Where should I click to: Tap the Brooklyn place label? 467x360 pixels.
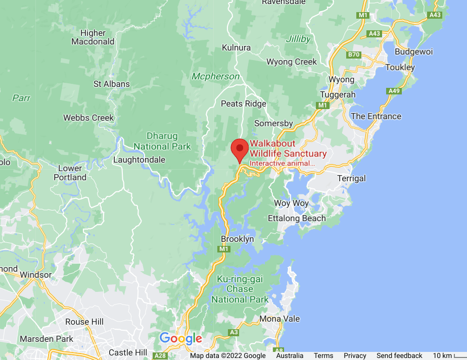[237, 239]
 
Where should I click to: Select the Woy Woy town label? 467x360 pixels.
[291, 203]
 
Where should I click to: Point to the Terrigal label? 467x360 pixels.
[351, 178]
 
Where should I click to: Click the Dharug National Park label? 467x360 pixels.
[162, 141]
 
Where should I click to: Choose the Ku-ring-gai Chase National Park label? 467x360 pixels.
[240, 289]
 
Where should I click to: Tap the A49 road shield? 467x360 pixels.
[394, 91]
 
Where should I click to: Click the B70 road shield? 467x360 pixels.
[354, 55]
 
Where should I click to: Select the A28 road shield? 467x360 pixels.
[160, 356]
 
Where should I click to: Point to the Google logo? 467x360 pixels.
[180, 338]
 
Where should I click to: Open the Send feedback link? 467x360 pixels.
[399, 356]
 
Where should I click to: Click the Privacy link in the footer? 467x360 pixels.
[355, 356]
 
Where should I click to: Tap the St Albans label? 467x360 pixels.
[112, 84]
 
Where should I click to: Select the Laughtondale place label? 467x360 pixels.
[139, 160]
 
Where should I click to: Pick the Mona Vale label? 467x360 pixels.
[279, 319]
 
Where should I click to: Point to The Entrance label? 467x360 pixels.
[376, 116]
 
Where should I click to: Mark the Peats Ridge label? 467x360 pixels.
[244, 104]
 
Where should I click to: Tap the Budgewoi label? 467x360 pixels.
[414, 52]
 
